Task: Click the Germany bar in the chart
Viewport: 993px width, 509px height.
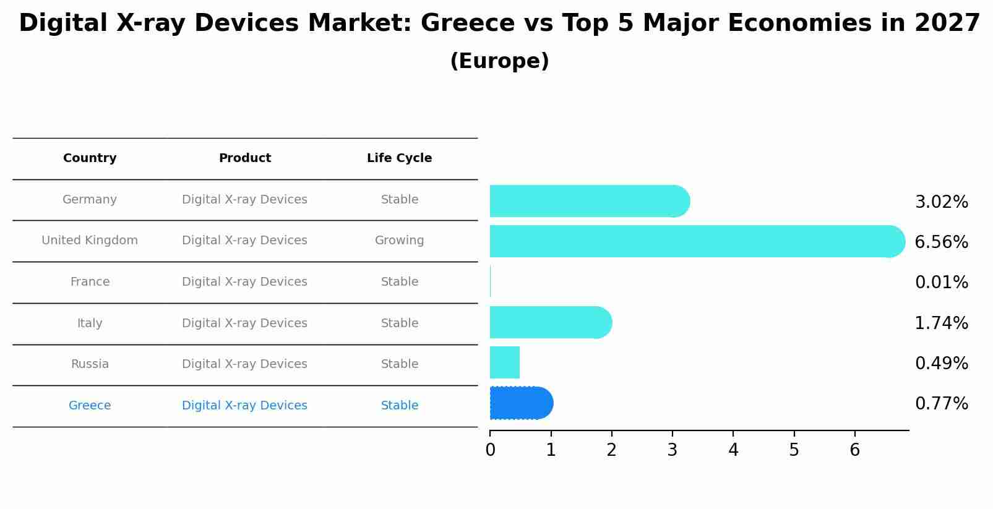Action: click(x=588, y=201)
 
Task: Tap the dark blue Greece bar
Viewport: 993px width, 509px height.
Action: click(x=520, y=403)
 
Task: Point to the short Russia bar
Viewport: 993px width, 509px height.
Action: click(x=505, y=362)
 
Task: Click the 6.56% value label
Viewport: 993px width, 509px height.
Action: click(x=941, y=242)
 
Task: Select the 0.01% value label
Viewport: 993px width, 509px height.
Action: click(x=941, y=283)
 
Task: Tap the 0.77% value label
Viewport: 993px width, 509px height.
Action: click(x=941, y=404)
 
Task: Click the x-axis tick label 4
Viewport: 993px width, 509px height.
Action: click(x=733, y=450)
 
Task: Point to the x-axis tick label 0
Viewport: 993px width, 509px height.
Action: click(x=490, y=450)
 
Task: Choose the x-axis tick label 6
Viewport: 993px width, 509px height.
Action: click(x=854, y=450)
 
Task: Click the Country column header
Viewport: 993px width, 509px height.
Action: click(x=90, y=158)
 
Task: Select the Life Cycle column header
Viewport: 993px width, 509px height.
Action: click(x=399, y=158)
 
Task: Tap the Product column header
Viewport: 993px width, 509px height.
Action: click(x=244, y=158)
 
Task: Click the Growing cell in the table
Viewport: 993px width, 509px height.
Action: click(x=399, y=241)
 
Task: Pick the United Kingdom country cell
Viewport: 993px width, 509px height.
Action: click(x=90, y=241)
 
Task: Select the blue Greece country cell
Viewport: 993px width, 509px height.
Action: click(x=90, y=406)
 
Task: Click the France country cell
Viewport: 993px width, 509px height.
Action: click(x=90, y=282)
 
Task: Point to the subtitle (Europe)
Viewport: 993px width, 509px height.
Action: click(x=499, y=61)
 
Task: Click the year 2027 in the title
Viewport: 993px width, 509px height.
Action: click(x=947, y=24)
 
